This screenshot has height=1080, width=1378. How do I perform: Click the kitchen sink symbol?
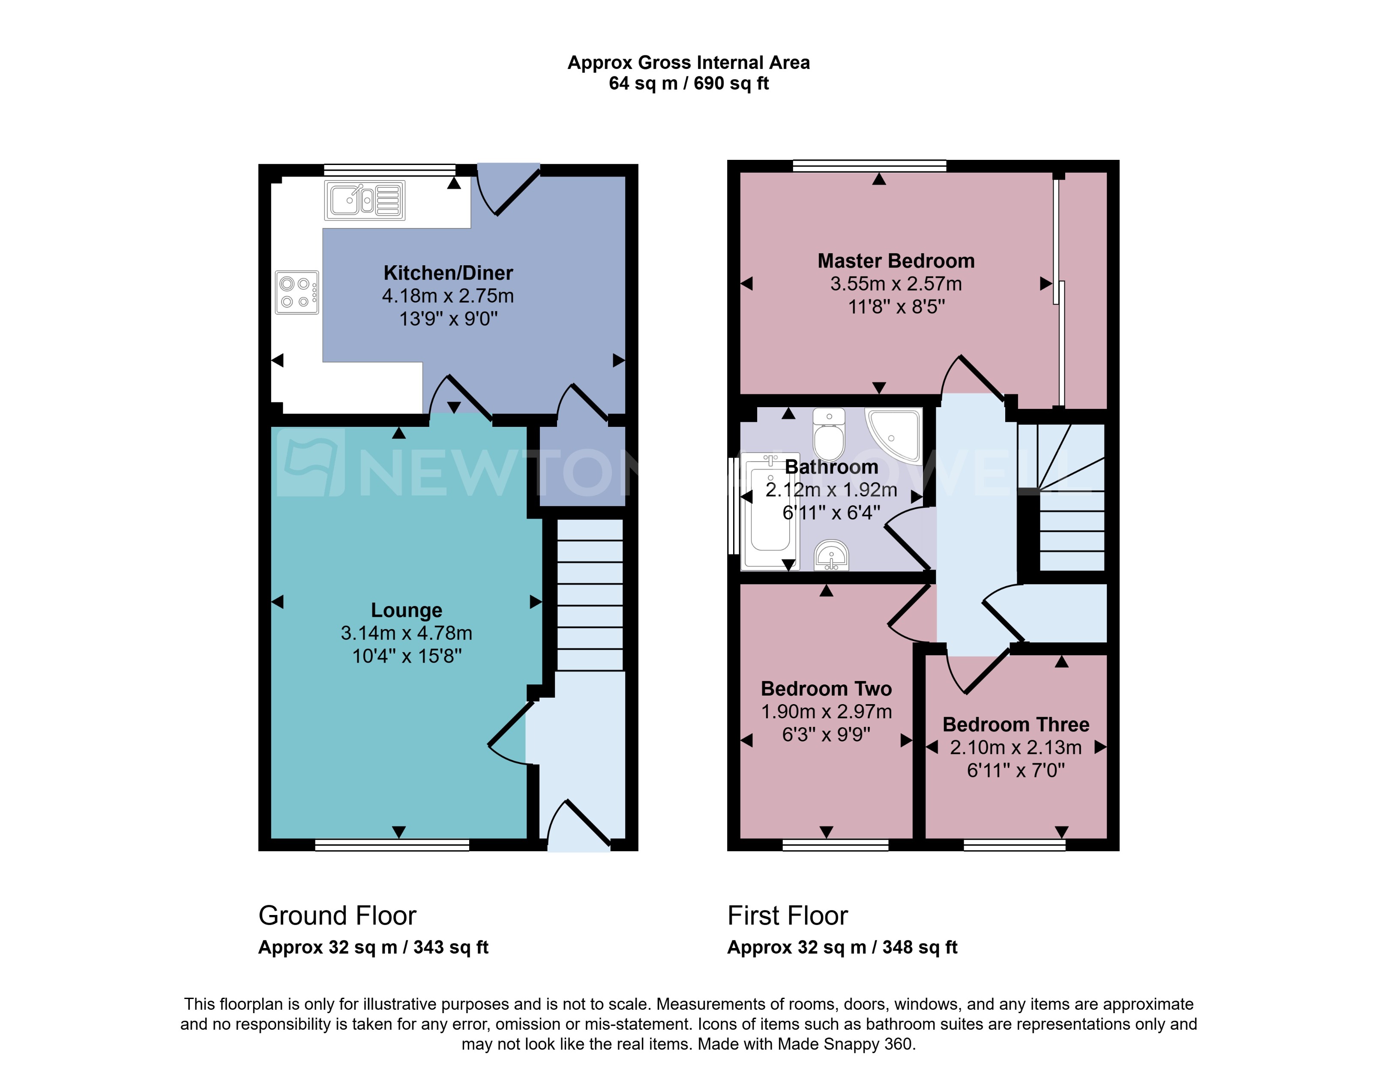click(365, 201)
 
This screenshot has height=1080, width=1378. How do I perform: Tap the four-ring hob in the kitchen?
click(297, 293)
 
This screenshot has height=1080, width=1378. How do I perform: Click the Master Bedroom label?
click(896, 261)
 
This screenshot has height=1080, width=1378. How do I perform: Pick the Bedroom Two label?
click(826, 689)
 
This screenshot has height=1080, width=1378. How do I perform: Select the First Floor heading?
click(787, 915)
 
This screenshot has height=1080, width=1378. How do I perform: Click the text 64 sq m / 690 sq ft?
click(689, 84)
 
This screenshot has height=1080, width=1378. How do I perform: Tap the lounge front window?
click(392, 846)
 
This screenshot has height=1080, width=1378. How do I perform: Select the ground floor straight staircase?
click(590, 594)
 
